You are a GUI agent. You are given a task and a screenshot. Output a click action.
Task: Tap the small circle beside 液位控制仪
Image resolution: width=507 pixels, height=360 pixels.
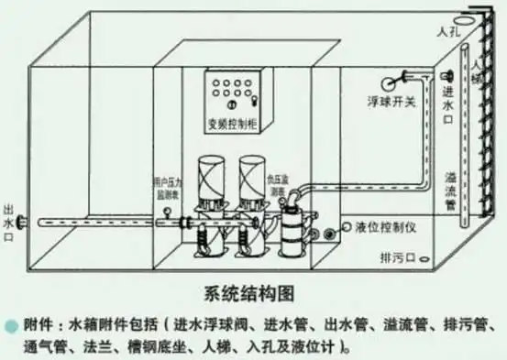coord(347,226)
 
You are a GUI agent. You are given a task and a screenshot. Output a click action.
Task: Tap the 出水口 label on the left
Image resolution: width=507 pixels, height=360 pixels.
coord(9,221)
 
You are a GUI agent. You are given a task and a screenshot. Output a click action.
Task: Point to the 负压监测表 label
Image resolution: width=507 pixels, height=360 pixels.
coord(279,183)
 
